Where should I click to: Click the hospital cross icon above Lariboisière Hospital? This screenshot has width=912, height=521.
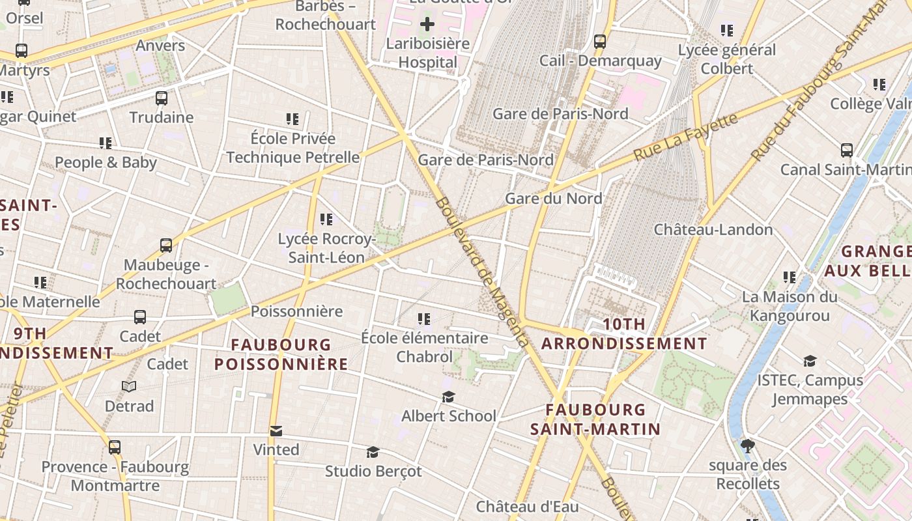[x=427, y=25]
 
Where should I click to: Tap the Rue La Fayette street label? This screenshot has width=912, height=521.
[x=686, y=137]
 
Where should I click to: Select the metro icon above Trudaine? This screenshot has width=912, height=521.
[x=162, y=98]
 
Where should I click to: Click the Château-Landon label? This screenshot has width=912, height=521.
[x=713, y=229]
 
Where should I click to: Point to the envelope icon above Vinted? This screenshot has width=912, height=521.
[x=276, y=430]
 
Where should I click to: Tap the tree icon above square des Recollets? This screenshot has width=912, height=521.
[x=748, y=446]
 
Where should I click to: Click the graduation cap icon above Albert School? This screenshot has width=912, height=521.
[x=448, y=397]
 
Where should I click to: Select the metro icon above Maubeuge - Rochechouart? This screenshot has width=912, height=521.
[x=166, y=246]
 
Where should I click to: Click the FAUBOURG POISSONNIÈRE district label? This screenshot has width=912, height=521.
[x=281, y=354]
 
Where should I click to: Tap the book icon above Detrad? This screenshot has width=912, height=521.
[x=129, y=387]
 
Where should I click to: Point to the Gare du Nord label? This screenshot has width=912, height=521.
[x=553, y=199]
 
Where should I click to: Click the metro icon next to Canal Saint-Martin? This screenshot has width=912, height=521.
[x=847, y=150]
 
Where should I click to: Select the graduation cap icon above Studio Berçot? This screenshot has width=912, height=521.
[x=373, y=452]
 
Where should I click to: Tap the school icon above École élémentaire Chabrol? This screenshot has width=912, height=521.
[x=424, y=318]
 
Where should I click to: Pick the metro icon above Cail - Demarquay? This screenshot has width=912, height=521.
[x=600, y=42]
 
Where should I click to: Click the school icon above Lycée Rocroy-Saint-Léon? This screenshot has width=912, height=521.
[x=326, y=219]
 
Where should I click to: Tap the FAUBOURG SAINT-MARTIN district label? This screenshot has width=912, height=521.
[x=595, y=419]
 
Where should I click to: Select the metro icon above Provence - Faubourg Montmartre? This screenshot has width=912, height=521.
[x=115, y=447]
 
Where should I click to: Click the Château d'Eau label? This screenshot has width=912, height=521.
[x=527, y=506]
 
